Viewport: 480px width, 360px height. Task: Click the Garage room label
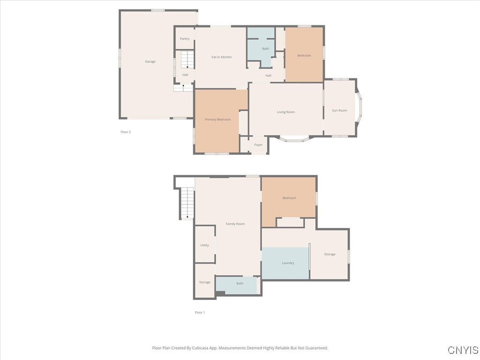point(150,61)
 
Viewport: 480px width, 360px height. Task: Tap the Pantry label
point(185,39)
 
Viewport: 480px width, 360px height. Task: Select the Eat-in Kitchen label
point(221,57)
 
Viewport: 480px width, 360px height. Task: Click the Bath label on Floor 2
point(265,49)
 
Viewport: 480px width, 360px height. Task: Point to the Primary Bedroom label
point(217,120)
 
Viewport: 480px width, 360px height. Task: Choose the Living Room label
point(285,112)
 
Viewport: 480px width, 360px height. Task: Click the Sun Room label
point(339,111)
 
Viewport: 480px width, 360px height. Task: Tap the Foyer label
point(258,145)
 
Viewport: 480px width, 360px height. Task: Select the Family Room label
point(235,224)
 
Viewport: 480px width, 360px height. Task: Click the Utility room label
point(204,245)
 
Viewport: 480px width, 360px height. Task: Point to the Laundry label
point(288,263)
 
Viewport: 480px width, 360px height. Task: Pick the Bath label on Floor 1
point(240,284)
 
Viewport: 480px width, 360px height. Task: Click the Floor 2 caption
point(126,132)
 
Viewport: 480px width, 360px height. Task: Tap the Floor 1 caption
point(200,312)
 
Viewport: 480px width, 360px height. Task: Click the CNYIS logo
point(463,350)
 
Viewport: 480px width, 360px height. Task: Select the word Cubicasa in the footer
point(202,348)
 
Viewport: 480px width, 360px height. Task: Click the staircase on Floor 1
point(187,202)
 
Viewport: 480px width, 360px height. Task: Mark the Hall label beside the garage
point(185,75)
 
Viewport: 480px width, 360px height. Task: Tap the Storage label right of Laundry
point(330,255)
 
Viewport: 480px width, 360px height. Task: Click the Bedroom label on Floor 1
point(289,198)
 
